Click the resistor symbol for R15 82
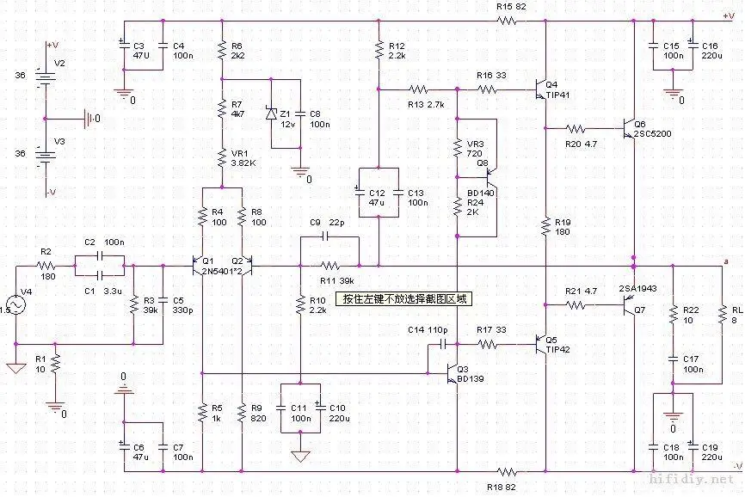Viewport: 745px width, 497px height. [507, 21]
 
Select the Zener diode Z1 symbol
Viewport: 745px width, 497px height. [271, 114]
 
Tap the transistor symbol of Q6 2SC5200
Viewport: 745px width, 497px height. [630, 128]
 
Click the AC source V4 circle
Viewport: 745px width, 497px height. [15, 304]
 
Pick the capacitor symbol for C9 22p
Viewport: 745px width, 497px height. [325, 236]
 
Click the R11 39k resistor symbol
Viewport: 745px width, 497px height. [330, 266]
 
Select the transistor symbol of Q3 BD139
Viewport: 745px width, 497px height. [453, 374]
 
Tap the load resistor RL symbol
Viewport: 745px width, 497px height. [722, 315]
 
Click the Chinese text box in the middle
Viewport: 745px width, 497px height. [403, 299]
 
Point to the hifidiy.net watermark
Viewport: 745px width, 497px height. [692, 480]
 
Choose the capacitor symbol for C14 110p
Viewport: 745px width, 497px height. [444, 344]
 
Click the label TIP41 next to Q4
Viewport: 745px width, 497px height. [557, 95]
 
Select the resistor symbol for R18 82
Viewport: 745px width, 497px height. [507, 472]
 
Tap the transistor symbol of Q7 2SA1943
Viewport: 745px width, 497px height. [630, 306]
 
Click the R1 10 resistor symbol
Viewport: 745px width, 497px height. [55, 364]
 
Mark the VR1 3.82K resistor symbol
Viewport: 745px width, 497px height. [222, 158]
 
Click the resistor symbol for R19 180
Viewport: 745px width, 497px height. [545, 227]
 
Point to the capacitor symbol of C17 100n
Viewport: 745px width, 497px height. [673, 359]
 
